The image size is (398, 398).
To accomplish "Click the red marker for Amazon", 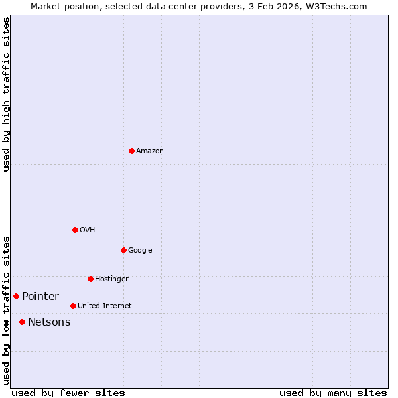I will pos(131,151).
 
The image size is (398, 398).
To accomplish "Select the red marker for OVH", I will pos(75,230).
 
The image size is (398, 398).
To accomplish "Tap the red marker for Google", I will pos(123,250).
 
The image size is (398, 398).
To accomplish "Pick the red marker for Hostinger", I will pos(90,279).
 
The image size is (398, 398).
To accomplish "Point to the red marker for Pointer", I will pos(16,296).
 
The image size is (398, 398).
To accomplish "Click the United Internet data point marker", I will pos(73,306).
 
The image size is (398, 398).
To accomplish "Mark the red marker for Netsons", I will pos(22,322).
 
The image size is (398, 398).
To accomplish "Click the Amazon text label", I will pos(150,151).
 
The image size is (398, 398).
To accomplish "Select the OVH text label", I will pos(88,230).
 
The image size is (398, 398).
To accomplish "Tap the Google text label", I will pos(140,251).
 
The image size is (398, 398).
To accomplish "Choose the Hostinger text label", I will pos(111,279).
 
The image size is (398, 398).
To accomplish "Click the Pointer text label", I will pos(40,297).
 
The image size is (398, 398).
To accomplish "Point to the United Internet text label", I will pos(105,306).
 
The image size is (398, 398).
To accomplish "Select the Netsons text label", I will pos(49,322).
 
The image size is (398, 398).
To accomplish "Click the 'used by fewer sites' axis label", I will pos(68,393).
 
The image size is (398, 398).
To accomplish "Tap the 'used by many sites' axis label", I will pos(333,393).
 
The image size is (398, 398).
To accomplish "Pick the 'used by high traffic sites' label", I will pos(7,94).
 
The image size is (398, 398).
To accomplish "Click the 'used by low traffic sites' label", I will pos(7,310).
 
